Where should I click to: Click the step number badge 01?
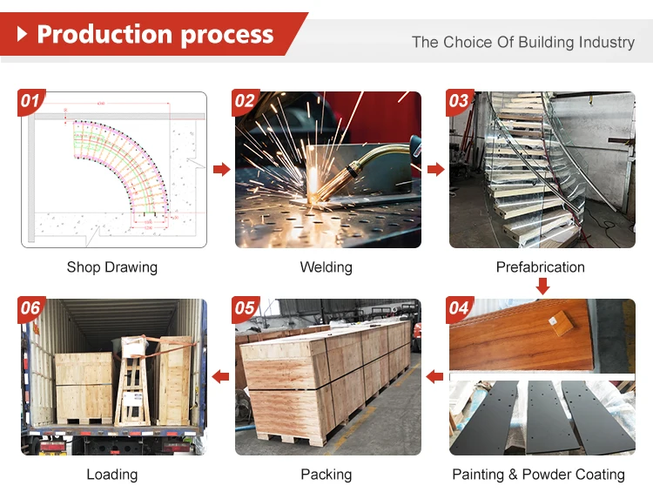click(30, 102)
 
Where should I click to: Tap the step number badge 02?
click(245, 102)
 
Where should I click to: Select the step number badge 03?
click(459, 102)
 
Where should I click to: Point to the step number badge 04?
click(459, 309)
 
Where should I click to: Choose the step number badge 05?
click(245, 309)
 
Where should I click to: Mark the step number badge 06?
click(30, 309)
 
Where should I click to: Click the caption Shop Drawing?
click(112, 267)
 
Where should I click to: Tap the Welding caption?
click(326, 267)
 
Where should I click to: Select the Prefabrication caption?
click(540, 267)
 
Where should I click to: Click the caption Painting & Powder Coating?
click(538, 475)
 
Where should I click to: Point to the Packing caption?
click(326, 475)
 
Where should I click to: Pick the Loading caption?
click(112, 475)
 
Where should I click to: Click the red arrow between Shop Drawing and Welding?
click(221, 169)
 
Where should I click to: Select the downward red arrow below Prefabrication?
click(542, 286)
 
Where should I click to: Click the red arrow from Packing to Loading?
click(221, 376)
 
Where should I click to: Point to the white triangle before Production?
click(24, 34)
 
